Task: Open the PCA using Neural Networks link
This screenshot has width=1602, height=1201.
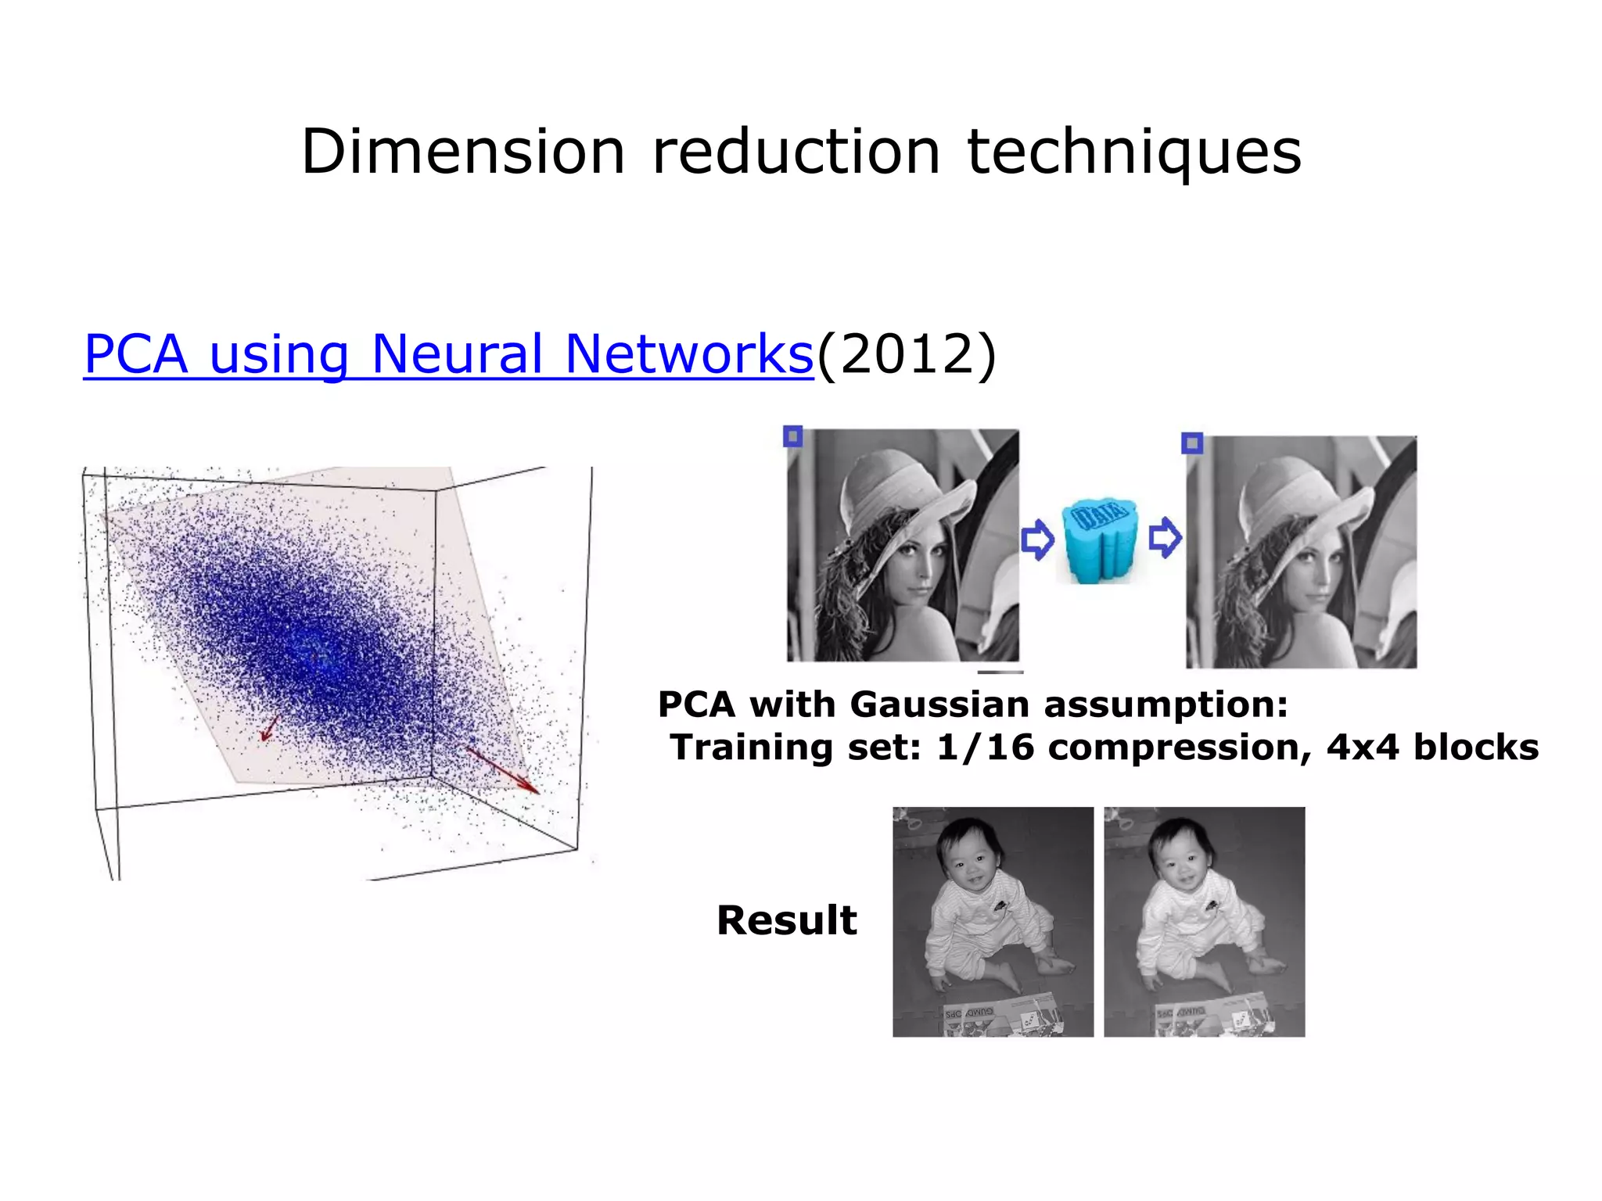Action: click(x=448, y=354)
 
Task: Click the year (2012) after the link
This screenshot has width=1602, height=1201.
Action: click(x=907, y=354)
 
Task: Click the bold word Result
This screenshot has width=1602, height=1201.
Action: click(x=786, y=920)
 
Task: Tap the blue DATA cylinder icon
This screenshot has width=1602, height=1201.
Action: click(x=1099, y=540)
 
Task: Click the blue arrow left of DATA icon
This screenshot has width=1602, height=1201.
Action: click(x=1038, y=539)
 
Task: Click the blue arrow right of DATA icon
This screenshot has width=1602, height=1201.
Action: click(x=1165, y=537)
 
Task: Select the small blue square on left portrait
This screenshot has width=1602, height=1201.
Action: click(x=793, y=436)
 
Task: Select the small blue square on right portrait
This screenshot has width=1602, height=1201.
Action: click(x=1192, y=443)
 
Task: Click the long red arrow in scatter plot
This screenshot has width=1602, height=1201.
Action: click(x=503, y=770)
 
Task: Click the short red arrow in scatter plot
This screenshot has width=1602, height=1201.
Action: click(x=269, y=728)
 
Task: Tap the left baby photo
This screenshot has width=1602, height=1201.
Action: click(x=993, y=922)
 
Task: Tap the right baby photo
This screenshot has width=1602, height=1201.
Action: click(x=1204, y=922)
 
